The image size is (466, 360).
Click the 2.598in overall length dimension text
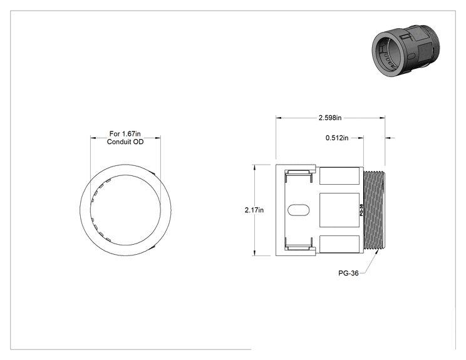pos(330,118)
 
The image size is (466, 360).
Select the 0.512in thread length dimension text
pos(337,138)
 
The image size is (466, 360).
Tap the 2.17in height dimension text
pos(254,210)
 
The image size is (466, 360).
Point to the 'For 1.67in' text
pos(125,133)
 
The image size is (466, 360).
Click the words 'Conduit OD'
pos(125,141)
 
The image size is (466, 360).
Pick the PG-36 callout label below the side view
pos(348,273)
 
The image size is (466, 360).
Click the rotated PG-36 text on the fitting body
pos(361,210)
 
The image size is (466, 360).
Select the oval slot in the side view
pos(298,210)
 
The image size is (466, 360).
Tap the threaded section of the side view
pos(374,210)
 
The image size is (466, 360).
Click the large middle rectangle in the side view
pos(339,210)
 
